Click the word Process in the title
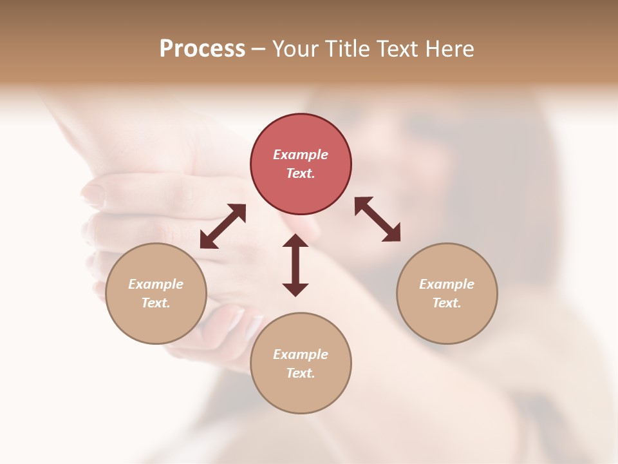point(202,49)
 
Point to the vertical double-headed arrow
point(295,265)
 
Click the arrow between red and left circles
point(223,226)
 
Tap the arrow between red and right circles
point(377,219)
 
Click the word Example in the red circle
point(301,155)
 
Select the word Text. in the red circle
point(301,173)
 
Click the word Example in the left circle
point(156,284)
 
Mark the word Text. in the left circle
point(156,303)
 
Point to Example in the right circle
point(447,284)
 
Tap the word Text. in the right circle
point(447,303)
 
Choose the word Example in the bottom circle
point(301,354)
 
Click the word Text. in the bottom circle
point(301,373)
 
